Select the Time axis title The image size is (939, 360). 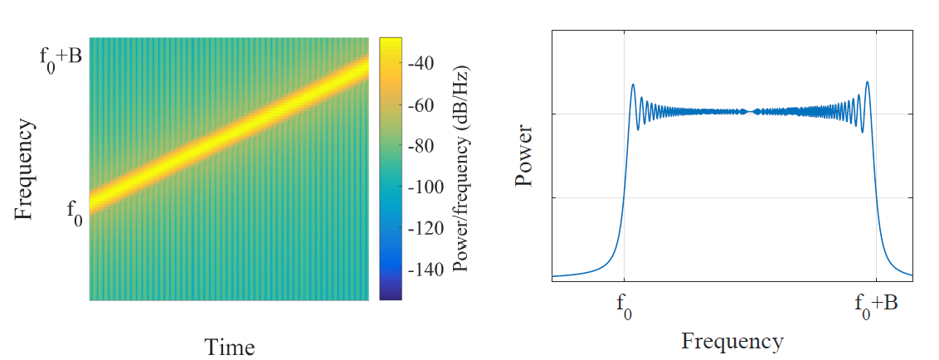point(229,347)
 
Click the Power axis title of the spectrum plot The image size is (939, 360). point(523,156)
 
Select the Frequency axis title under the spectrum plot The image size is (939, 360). point(732,341)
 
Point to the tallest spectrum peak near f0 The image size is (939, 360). point(633,85)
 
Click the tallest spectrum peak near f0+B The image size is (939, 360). point(867,82)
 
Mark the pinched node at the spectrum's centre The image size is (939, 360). point(751,111)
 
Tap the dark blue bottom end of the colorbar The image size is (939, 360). point(391,294)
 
